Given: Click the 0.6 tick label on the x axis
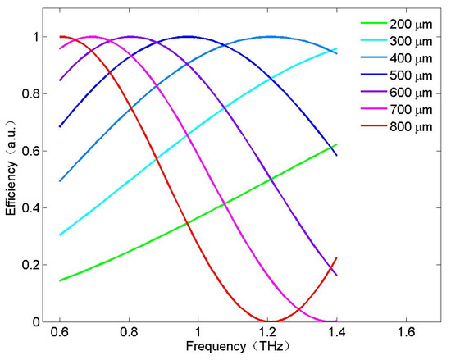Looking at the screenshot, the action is pos(60,332).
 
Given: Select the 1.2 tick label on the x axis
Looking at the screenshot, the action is pos(267,332).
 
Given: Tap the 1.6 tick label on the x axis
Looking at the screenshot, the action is pos(406,332).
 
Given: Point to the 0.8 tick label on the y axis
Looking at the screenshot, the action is pos(30,93).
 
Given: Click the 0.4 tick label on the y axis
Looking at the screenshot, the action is pos(30,207).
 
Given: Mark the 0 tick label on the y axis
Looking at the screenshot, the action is pos(36,322).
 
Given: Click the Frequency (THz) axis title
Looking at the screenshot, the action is pos(238,347).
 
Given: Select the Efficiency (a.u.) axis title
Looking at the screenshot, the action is pos(11,168).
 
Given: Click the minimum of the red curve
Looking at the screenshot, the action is pos(271,321).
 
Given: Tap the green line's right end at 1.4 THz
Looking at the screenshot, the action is pos(336,144).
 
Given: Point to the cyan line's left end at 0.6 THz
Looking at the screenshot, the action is pos(60,235).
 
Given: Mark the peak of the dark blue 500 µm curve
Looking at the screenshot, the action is pos(188,37).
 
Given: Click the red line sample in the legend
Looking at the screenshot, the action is pos(374,126).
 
